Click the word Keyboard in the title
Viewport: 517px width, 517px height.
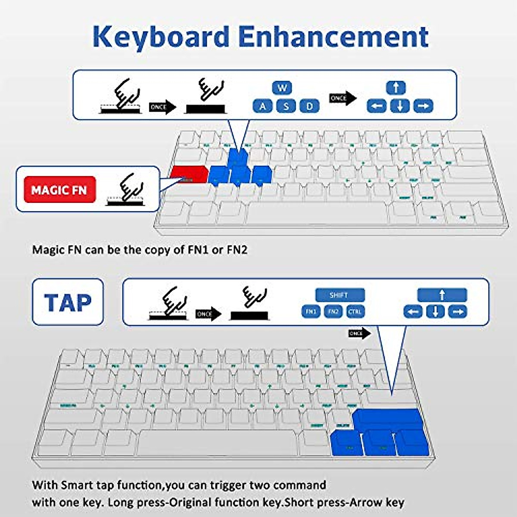tap(160, 37)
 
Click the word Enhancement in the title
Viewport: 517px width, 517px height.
tap(333, 37)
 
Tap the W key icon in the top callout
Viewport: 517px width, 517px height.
tap(282, 88)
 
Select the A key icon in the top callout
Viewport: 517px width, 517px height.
tap(262, 106)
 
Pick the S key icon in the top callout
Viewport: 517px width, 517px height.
tap(286, 106)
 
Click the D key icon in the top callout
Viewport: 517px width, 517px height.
tap(309, 106)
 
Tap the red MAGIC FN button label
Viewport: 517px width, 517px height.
tap(59, 190)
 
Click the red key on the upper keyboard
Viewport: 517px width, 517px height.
tap(188, 175)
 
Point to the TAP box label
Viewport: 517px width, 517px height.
tap(68, 302)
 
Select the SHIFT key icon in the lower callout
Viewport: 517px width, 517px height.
tap(339, 295)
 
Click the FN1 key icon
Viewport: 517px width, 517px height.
tap(311, 311)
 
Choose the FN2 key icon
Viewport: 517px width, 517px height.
tap(333, 311)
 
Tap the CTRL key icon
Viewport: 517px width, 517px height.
tap(355, 311)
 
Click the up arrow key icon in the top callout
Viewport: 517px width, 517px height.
tap(396, 88)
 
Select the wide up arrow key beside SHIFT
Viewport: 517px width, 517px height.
tap(442, 295)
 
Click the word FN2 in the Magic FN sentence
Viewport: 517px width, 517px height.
tap(237, 250)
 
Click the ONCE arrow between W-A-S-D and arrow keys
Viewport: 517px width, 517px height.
tap(343, 98)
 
